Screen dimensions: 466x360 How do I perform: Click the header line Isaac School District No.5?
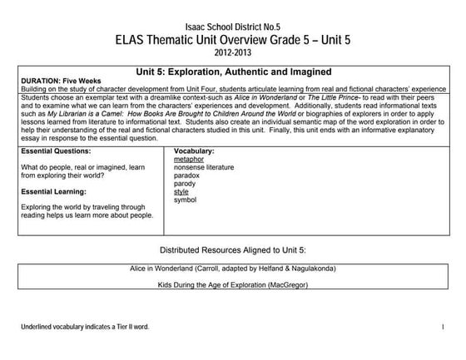232,26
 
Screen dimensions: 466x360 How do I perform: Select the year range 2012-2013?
232,52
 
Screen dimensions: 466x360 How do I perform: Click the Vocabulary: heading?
195,152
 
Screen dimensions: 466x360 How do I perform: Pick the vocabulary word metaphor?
191,160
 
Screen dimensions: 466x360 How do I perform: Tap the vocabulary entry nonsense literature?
205,168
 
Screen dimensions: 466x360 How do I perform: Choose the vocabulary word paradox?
188,176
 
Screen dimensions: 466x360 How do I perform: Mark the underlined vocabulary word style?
181,192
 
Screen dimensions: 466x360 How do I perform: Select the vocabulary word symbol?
185,200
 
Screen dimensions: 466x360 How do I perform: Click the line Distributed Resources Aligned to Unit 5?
233,250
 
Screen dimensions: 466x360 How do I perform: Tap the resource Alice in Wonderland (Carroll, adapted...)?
233,269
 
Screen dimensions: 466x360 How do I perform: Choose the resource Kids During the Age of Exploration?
233,285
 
